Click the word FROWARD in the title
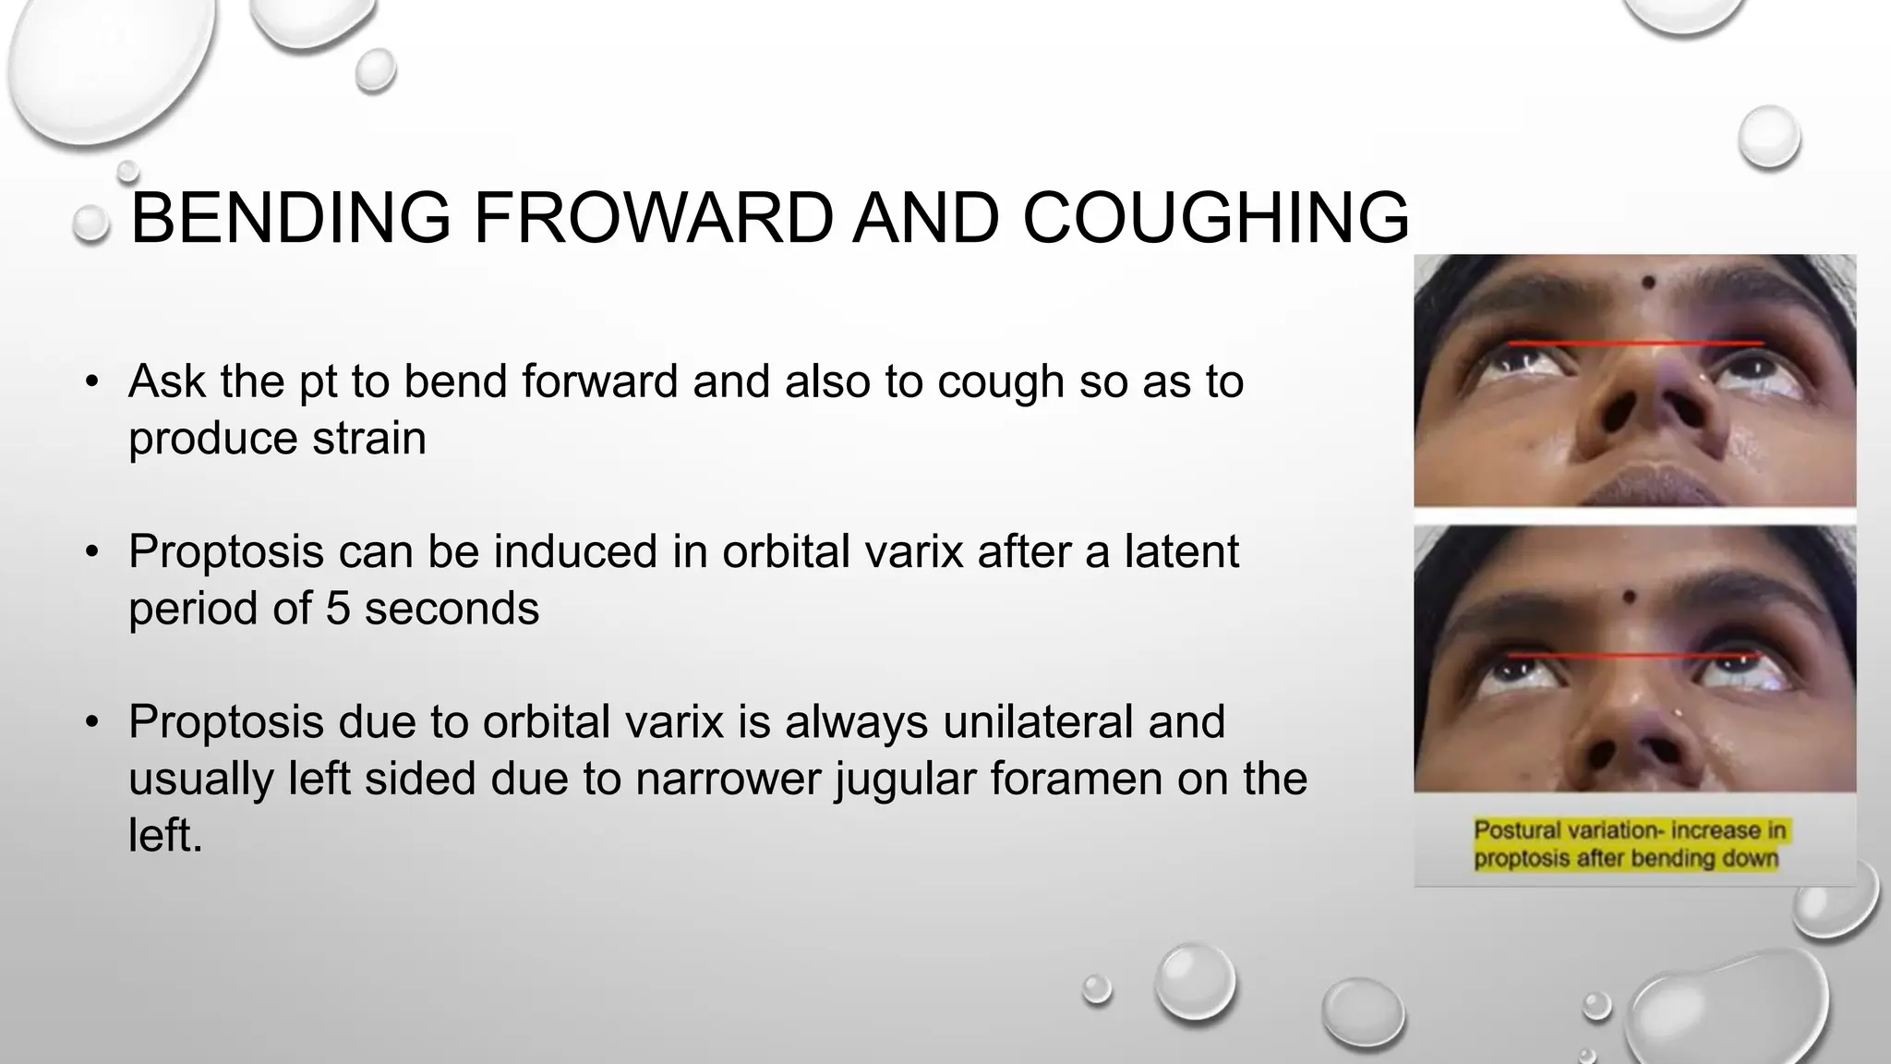tap(654, 218)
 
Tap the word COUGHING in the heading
tap(1215, 218)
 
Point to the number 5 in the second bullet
tap(338, 609)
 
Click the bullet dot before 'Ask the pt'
tap(90, 381)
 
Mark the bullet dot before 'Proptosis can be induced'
tap(90, 552)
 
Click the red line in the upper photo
tap(1634, 344)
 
